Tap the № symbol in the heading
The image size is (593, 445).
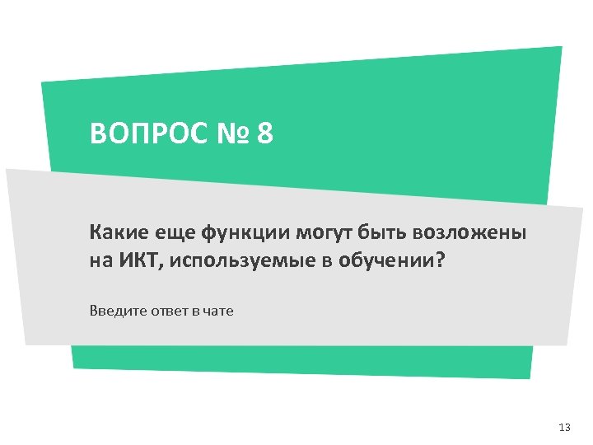coord(231,133)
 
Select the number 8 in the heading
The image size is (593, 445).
coord(264,133)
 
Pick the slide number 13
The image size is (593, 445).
coord(564,428)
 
